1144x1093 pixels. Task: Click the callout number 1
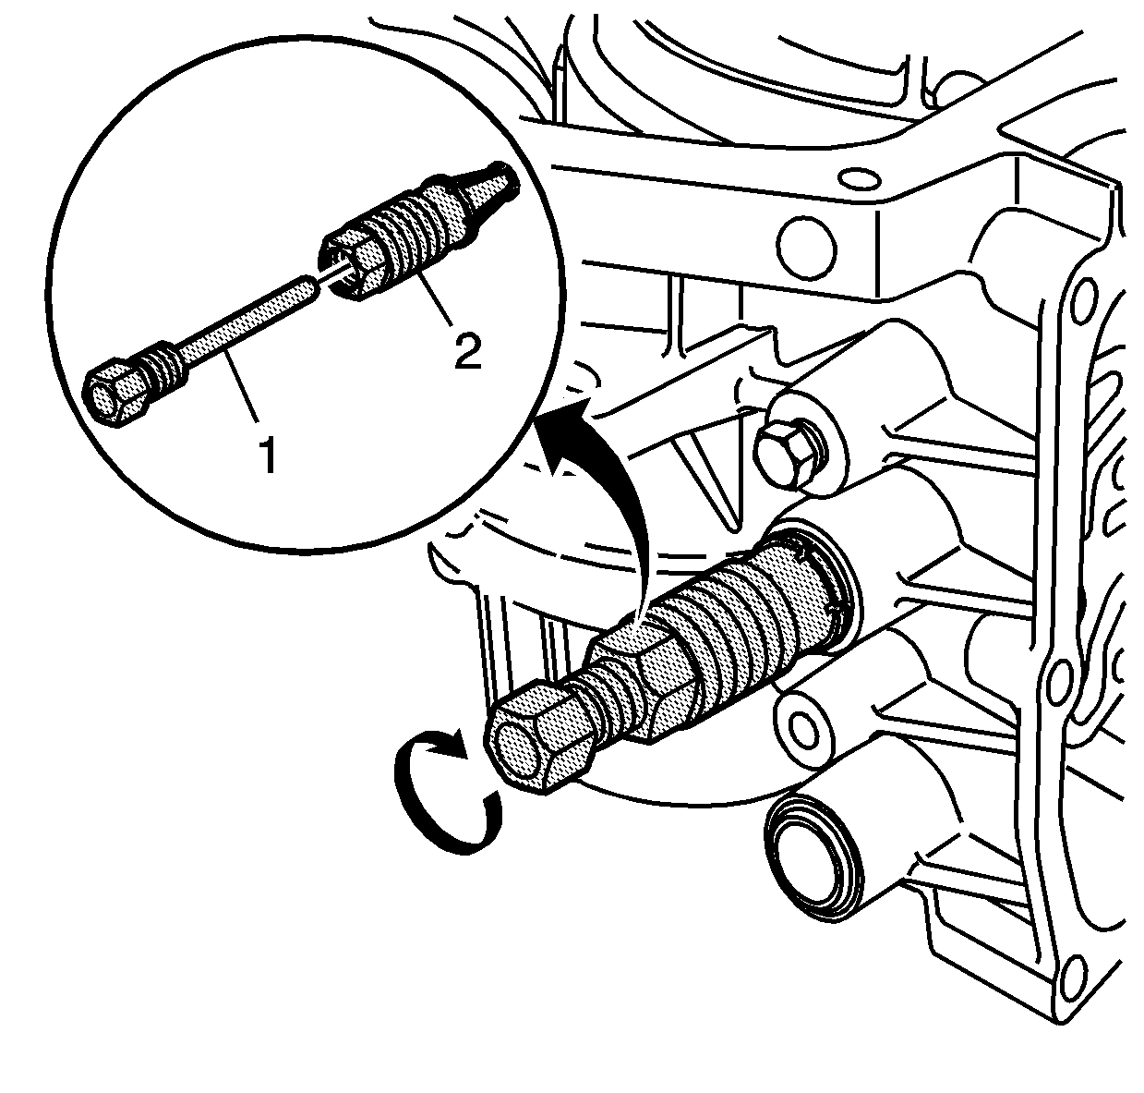pyautogui.click(x=269, y=455)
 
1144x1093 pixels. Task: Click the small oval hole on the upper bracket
pyautogui.click(x=859, y=177)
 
